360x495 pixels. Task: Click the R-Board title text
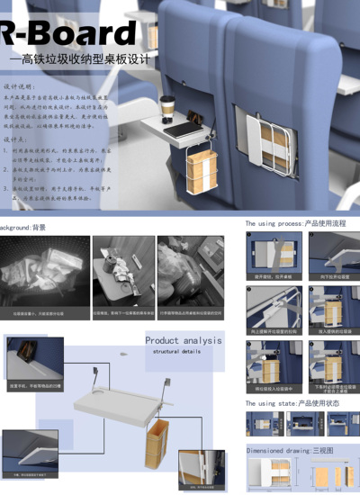(67, 34)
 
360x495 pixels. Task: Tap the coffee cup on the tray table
(166, 105)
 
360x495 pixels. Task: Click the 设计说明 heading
(19, 88)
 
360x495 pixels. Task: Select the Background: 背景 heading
(22, 228)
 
